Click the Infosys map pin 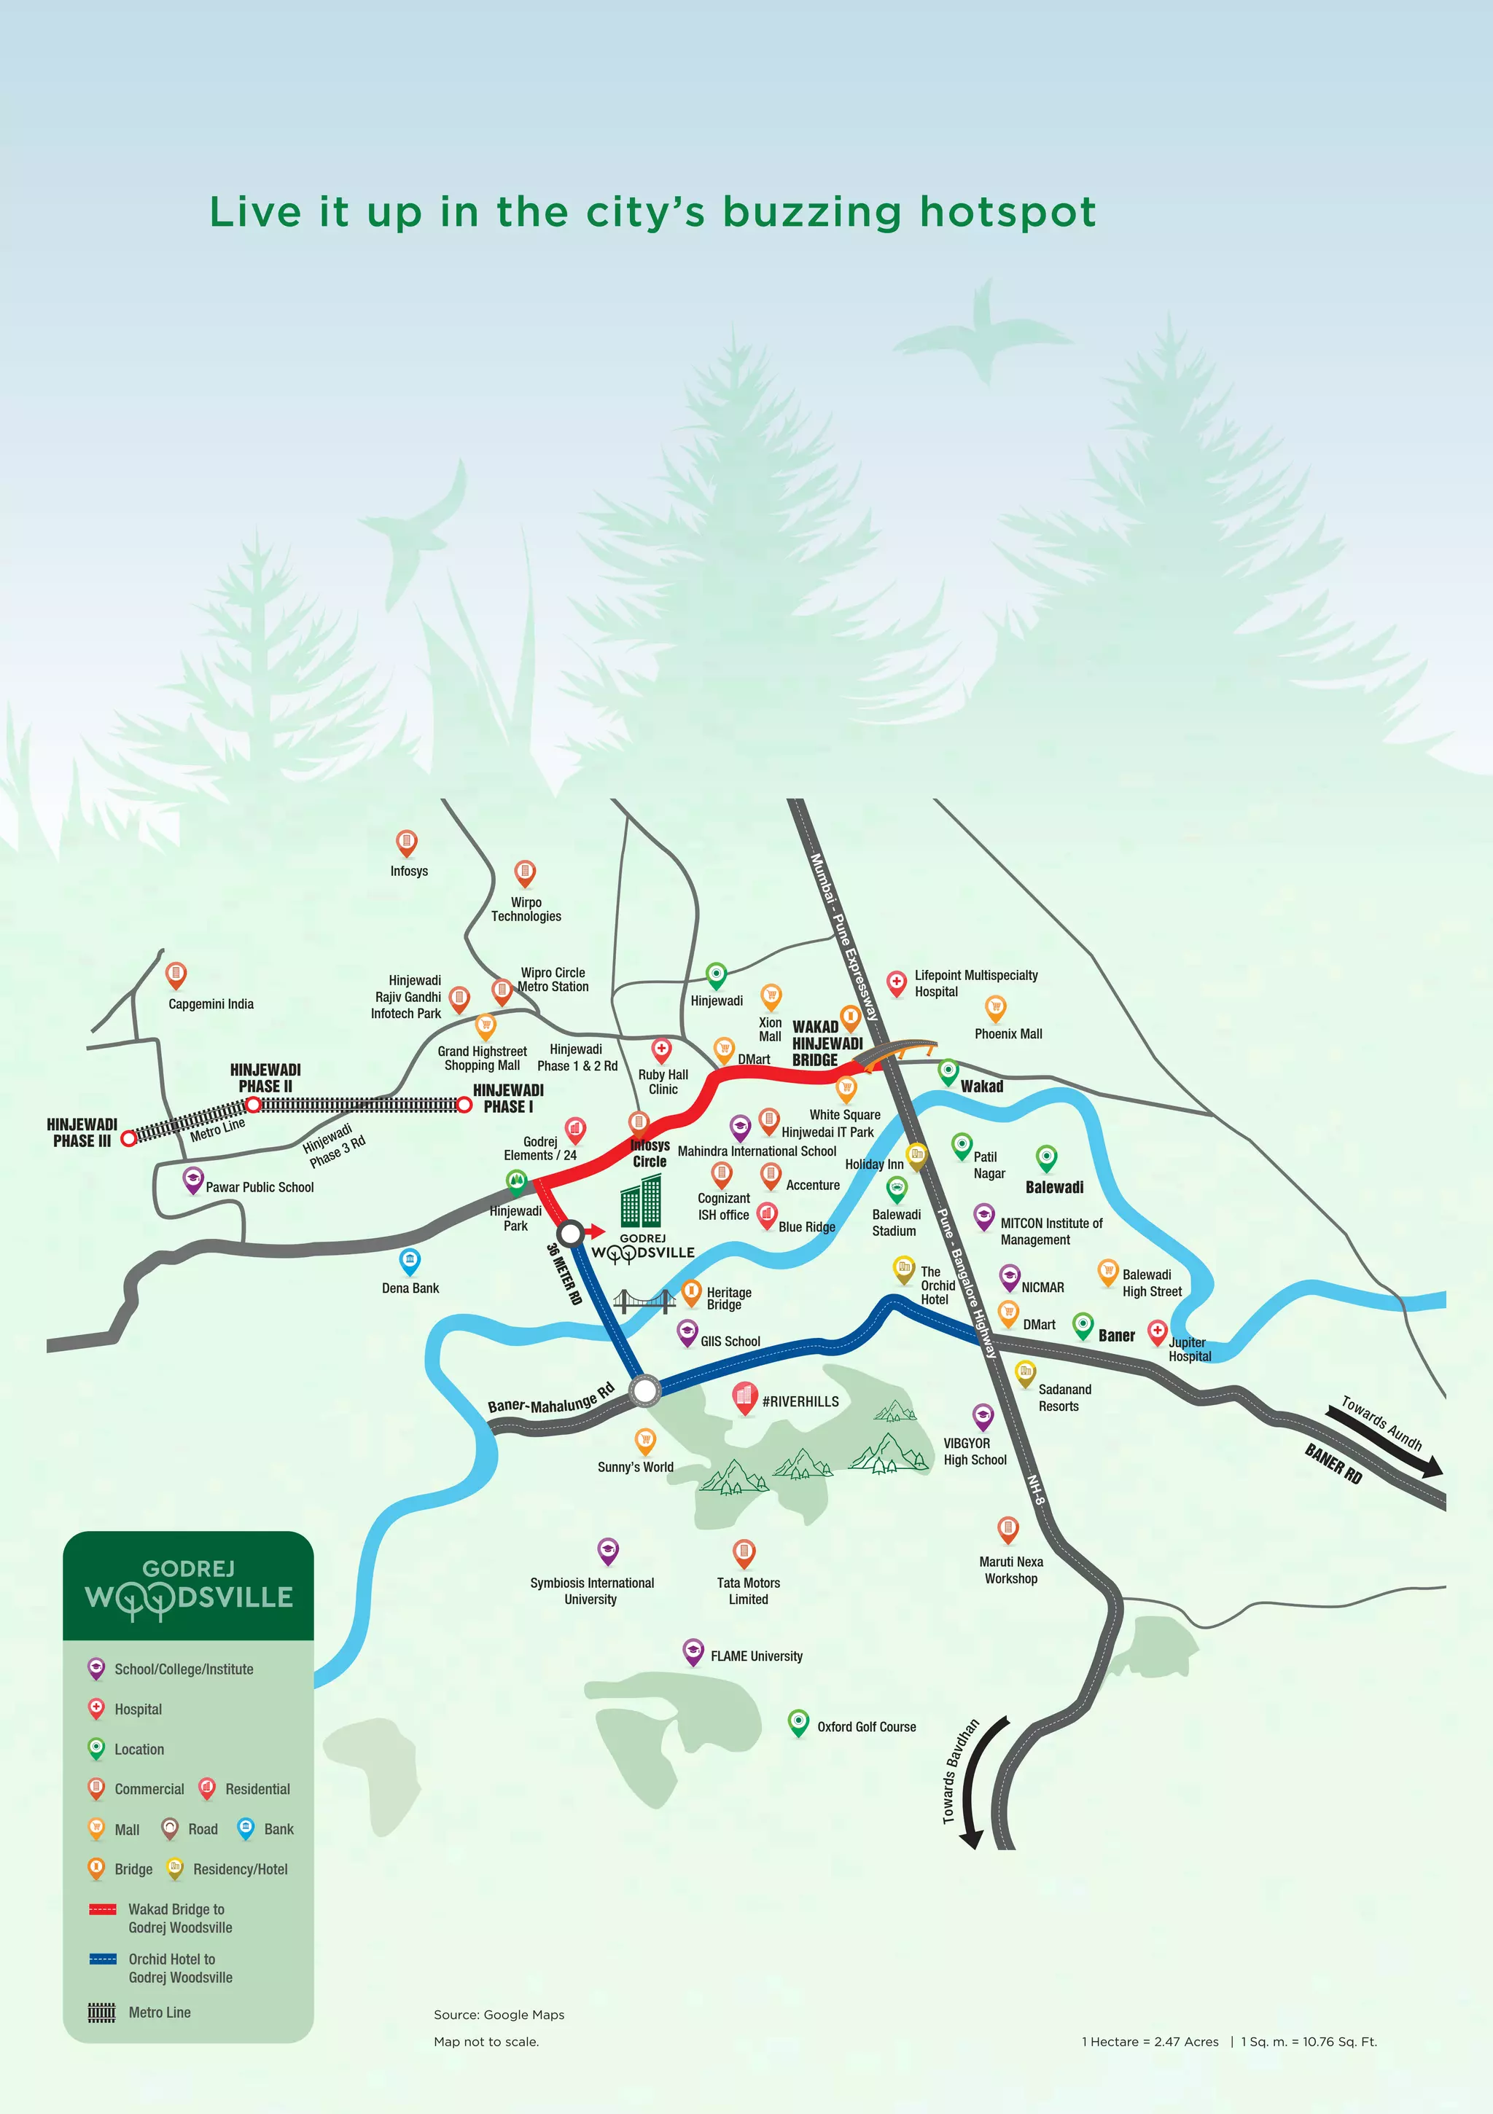[406, 842]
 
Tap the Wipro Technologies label [526, 909]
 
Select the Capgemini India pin [176, 974]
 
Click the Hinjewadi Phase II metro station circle [253, 1104]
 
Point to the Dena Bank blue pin [410, 1259]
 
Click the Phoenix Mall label [1008, 1034]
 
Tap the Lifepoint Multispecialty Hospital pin [896, 982]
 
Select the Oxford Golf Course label [866, 1726]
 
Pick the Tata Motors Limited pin [744, 1552]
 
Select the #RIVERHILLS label [800, 1401]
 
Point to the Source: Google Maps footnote [499, 2015]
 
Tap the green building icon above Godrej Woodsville [641, 1201]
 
